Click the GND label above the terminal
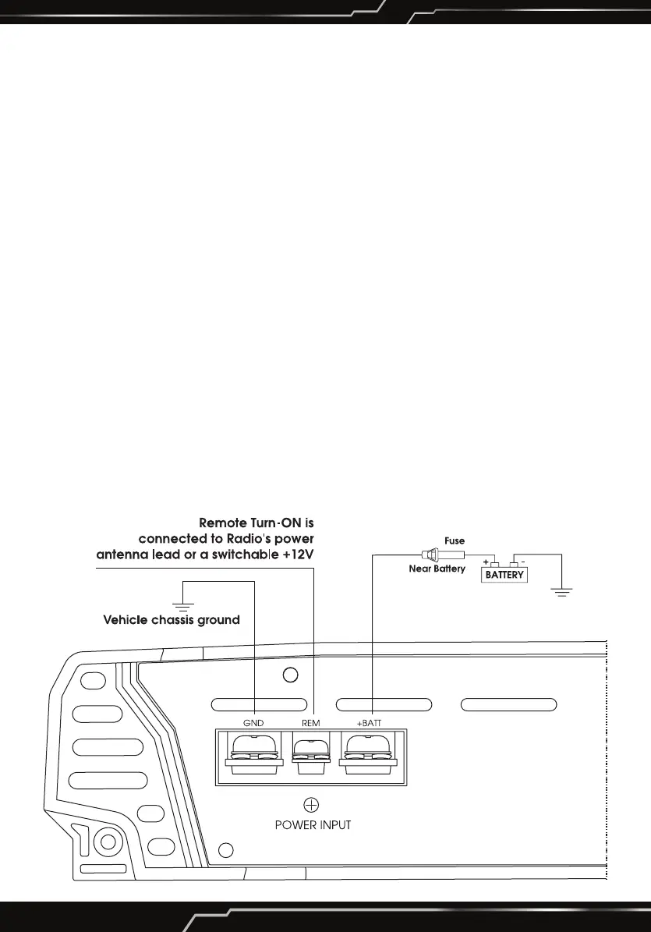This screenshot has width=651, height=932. [253, 723]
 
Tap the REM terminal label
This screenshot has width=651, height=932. [310, 723]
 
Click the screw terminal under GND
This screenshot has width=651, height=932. [253, 753]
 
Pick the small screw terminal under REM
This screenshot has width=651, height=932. [310, 756]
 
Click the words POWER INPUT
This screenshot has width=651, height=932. [313, 825]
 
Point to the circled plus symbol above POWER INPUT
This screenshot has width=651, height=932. [311, 805]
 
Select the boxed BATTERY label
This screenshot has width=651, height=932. [504, 576]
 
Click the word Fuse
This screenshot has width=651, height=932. [455, 540]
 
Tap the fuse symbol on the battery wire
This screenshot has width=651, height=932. [441, 555]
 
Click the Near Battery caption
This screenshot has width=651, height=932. [437, 569]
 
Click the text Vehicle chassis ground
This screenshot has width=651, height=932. [172, 621]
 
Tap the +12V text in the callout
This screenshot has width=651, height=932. [306, 555]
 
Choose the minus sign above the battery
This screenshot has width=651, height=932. [523, 561]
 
